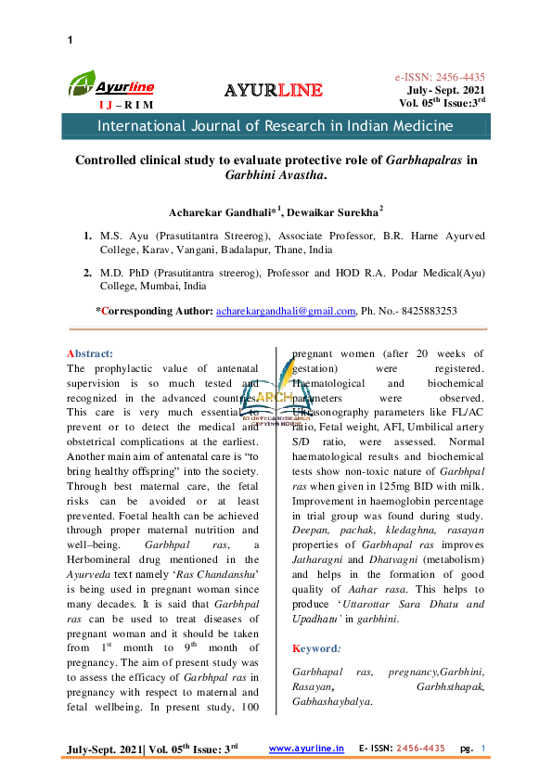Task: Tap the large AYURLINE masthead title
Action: click(x=275, y=90)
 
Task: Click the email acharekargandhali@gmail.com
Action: click(x=286, y=312)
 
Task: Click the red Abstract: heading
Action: click(x=91, y=353)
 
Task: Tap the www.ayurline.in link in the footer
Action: click(x=307, y=748)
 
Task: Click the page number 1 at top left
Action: click(x=71, y=40)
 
